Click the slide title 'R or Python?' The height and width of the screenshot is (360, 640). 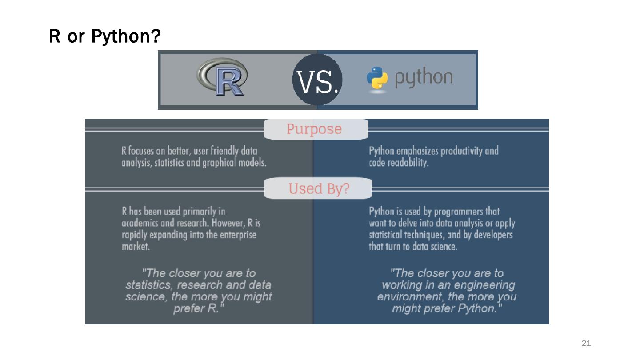click(104, 37)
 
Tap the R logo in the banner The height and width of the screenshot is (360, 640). click(222, 79)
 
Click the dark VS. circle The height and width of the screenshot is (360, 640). click(317, 80)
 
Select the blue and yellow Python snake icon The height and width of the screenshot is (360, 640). click(377, 80)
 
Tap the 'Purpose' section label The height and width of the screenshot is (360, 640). click(314, 129)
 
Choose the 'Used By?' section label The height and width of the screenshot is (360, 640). click(319, 188)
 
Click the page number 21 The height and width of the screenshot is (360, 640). click(586, 343)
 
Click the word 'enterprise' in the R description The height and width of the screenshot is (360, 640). click(238, 235)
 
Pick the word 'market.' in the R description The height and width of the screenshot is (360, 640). click(136, 247)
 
